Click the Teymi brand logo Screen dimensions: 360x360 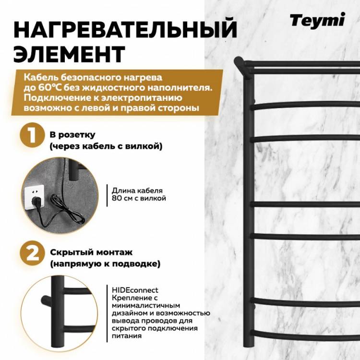point(317,21)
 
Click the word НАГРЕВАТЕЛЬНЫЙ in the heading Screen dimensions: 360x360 point(125,30)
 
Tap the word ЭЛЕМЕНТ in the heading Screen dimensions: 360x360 point(69,54)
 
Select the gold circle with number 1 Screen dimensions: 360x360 point(32,135)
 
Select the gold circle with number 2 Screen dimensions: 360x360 point(32,253)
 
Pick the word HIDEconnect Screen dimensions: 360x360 point(135,290)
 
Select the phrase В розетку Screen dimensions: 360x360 point(72,135)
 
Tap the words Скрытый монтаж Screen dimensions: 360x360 point(91,252)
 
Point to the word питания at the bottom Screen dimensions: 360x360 point(127,336)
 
